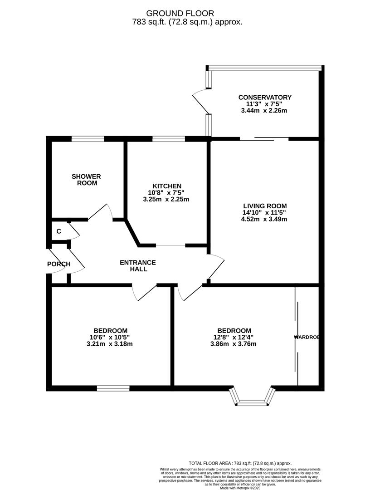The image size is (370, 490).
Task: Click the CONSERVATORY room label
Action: pos(265,97)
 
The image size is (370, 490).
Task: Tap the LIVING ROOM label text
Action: pos(264,206)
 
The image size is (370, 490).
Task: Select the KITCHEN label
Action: pos(167,186)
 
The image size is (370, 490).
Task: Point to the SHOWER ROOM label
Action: pos(86,180)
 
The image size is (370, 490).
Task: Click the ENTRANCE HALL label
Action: pos(138,265)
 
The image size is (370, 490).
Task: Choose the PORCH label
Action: pos(58,264)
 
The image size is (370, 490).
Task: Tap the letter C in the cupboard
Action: pos(58,231)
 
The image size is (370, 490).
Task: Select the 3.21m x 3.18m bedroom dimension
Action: pos(109,343)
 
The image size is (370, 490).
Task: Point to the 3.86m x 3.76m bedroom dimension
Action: pos(234,343)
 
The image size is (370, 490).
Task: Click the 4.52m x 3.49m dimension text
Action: pos(264,219)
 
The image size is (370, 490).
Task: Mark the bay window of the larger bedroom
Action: pos(253,398)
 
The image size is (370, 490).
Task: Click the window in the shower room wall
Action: pos(88,139)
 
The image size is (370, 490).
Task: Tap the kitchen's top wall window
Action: pos(168,139)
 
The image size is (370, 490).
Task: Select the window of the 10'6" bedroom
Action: pos(113,388)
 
